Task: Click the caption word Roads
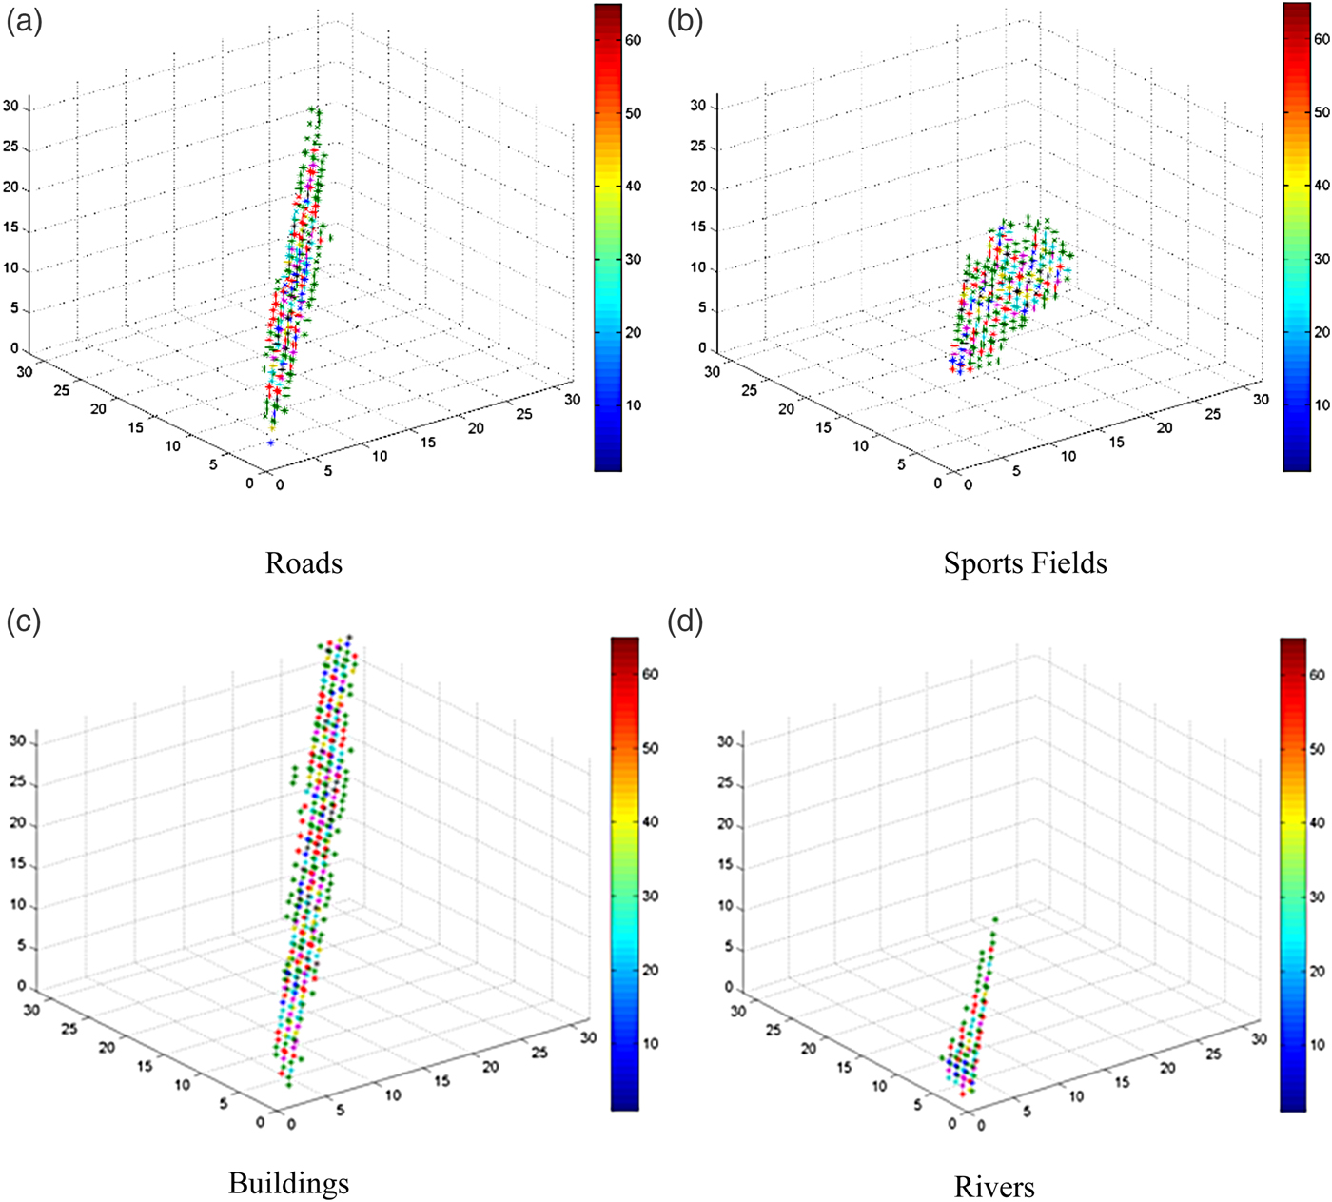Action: coord(304,563)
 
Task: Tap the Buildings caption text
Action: coord(289,1183)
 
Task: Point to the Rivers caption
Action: coord(994,1187)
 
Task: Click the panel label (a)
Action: coord(24,21)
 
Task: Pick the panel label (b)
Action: coord(685,21)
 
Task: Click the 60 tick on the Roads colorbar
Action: coord(633,40)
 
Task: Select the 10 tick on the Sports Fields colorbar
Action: coord(1322,405)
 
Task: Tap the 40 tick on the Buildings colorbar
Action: coord(650,821)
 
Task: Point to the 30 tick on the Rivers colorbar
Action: coord(1317,897)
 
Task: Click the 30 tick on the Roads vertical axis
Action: coord(10,107)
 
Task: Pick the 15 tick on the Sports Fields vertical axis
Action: coord(698,227)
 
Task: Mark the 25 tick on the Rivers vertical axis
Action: coord(725,783)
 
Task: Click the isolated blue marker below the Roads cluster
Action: coord(271,443)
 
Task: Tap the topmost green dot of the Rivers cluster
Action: coord(995,919)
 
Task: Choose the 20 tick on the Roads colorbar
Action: coord(633,332)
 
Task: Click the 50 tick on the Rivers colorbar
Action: coord(1317,749)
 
